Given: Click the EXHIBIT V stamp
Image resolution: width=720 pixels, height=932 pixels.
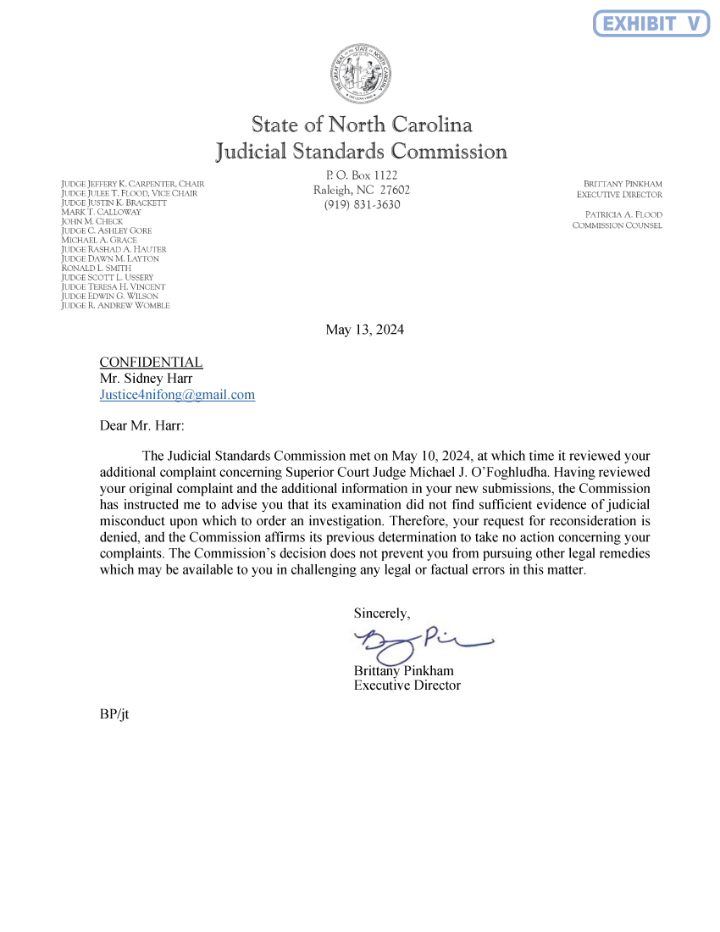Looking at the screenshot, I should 651,23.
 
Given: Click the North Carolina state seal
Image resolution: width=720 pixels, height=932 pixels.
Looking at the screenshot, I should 361,75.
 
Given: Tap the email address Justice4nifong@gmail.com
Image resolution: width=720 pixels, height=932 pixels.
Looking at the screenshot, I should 177,395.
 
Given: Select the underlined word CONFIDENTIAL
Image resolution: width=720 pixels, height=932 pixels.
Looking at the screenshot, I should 151,363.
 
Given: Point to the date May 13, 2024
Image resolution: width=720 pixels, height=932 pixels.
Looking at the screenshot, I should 364,330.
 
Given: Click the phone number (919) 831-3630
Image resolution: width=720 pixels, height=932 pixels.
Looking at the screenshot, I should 362,205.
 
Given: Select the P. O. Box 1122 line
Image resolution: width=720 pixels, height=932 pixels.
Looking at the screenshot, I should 362,175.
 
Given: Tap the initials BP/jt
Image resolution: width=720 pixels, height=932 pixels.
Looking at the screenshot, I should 114,714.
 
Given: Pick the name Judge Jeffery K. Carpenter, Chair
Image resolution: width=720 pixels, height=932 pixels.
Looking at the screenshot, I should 133,184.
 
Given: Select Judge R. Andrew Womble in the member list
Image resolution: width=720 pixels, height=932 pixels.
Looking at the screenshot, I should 116,306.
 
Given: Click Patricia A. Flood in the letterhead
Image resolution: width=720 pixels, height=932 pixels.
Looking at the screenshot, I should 623,214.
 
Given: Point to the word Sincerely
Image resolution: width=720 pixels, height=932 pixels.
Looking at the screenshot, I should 382,613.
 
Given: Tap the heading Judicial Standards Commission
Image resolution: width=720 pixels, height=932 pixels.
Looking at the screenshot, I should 362,153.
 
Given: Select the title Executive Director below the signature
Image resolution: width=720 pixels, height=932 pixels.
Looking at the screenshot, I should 407,685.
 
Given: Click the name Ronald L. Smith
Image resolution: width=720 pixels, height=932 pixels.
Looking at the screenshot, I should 97,268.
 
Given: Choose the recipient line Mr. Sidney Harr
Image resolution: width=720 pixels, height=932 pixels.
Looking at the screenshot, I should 146,379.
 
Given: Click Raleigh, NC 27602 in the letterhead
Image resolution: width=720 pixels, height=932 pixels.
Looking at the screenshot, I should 362,190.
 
